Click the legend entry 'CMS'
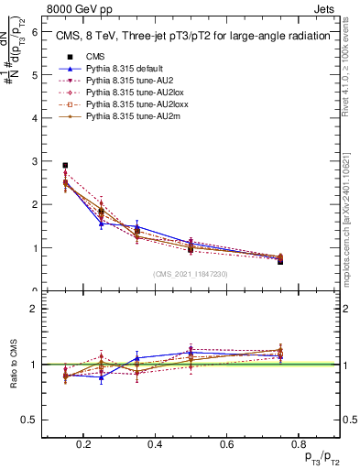(x=94, y=57)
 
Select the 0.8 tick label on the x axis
(x=296, y=444)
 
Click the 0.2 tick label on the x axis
(x=84, y=444)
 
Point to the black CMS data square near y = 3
(x=65, y=166)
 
